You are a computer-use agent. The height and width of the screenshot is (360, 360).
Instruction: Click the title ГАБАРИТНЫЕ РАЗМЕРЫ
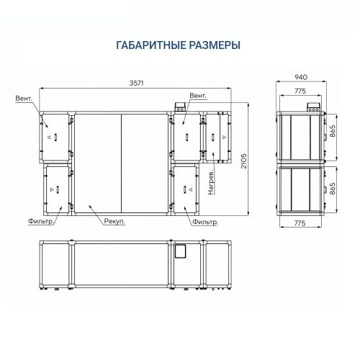coord(178,45)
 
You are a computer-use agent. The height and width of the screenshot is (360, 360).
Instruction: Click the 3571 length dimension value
coord(136,83)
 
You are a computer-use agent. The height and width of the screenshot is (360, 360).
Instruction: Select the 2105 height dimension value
coord(243,161)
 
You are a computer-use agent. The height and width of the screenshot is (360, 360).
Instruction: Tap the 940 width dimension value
coord(301,77)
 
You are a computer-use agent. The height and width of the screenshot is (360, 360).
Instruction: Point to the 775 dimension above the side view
coord(300,91)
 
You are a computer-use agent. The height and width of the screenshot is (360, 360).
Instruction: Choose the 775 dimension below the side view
coord(300,223)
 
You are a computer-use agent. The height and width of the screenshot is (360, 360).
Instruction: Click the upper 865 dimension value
coord(332,131)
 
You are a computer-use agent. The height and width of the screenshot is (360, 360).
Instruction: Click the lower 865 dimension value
coord(332,188)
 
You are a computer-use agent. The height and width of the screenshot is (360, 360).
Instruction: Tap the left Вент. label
coord(24,99)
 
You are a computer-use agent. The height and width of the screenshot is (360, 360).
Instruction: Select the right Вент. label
coord(198,96)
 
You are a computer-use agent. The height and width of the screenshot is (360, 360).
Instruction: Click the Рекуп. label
coord(114,222)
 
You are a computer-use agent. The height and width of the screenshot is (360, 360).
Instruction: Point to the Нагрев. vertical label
coord(211,182)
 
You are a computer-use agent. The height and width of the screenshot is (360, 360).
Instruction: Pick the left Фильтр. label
coord(40,222)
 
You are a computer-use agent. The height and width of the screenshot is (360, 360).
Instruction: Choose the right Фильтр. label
coord(205,222)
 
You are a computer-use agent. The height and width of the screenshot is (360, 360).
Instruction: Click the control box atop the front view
coord(180,107)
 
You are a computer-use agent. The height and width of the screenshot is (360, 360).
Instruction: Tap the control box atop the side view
coord(314,107)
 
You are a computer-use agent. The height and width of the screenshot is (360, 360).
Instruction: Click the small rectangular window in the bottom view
coord(180,251)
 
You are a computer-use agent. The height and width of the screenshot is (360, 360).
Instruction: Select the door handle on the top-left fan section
coord(55,137)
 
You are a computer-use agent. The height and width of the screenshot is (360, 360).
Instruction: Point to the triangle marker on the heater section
coord(224,137)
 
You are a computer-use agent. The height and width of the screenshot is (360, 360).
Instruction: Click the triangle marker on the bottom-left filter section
coord(52,189)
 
